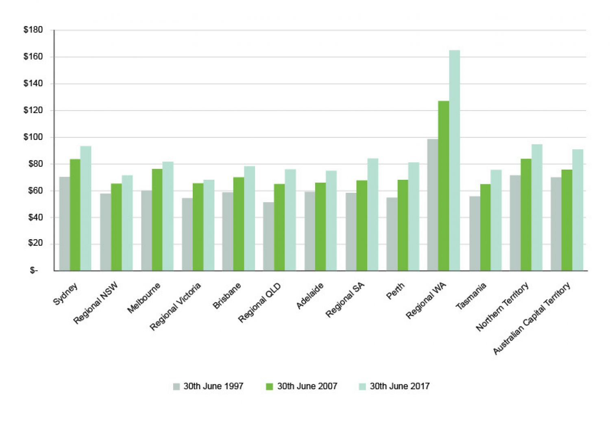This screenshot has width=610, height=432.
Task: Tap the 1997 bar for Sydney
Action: point(65,224)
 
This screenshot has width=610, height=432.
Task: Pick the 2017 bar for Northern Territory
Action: point(537,207)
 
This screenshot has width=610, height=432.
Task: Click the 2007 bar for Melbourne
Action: point(157,220)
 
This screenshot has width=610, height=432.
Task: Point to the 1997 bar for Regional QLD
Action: point(268,236)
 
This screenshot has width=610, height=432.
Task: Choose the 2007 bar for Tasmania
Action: point(486,227)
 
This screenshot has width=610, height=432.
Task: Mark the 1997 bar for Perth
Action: point(392,234)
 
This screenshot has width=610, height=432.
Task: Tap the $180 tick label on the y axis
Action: point(33,30)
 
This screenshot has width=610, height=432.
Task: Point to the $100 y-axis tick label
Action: point(33,137)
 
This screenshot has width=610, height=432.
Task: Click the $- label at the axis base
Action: point(34,271)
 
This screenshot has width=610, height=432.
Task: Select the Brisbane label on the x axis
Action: point(227,296)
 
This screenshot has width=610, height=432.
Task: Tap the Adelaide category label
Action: point(310,296)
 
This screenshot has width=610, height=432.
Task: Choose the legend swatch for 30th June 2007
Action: point(269,386)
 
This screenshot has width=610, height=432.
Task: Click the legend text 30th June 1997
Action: point(213,386)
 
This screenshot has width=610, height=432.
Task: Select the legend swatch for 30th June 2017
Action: point(362,386)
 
